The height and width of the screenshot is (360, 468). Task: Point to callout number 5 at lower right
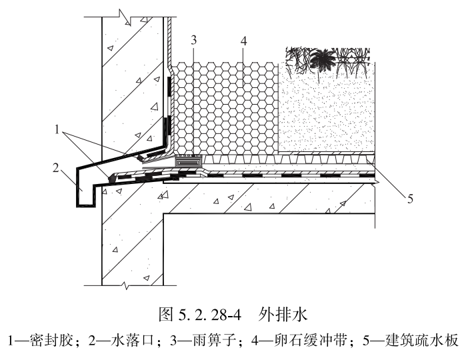point(412,197)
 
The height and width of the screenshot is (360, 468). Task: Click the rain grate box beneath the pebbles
point(189,161)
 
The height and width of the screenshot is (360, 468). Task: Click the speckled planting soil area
point(327,113)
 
